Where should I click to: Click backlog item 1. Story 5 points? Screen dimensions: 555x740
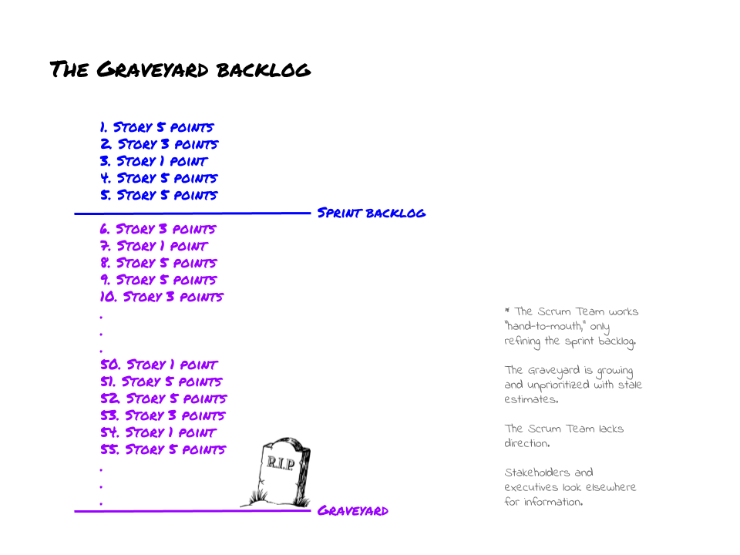[156, 127]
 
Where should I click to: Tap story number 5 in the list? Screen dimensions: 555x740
[159, 195]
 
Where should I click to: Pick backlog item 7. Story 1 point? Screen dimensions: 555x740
[153, 246]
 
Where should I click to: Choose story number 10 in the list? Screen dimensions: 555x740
[162, 297]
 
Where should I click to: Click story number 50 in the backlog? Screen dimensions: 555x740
[159, 365]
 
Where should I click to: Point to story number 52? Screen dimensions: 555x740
[163, 399]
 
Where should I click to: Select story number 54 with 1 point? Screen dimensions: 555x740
[158, 432]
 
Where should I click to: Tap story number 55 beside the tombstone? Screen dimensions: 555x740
[163, 449]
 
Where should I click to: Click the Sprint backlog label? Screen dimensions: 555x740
[371, 213]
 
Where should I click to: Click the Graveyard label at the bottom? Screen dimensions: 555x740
[353, 510]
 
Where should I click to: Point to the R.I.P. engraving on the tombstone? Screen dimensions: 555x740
[280, 462]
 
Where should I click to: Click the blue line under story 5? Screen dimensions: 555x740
[193, 214]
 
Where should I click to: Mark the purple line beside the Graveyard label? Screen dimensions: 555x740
[193, 511]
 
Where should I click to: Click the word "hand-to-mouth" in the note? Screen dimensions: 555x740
[546, 327]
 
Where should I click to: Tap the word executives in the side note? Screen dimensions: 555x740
[533, 487]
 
